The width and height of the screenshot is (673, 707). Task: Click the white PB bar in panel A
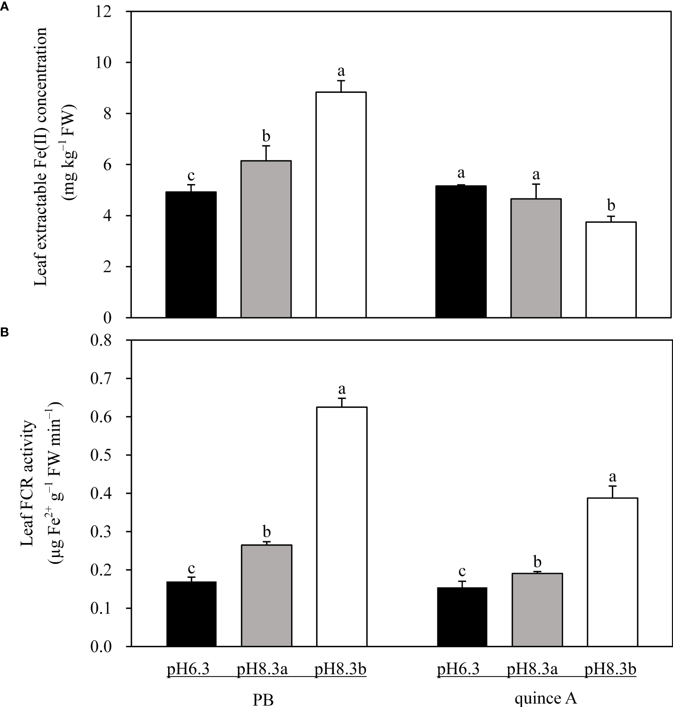341,205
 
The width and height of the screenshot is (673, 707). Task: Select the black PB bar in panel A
191,255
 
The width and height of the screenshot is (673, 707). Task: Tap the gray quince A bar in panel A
536,258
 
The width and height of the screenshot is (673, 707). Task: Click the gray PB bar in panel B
266,595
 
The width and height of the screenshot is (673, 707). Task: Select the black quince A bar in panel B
462,617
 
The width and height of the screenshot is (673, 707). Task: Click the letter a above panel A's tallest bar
341,71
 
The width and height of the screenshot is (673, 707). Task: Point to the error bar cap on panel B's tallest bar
342,398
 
